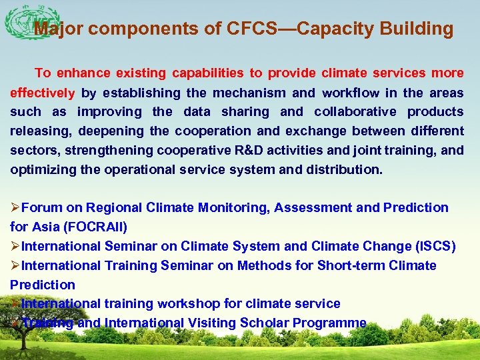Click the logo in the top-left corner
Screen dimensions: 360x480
click(x=23, y=24)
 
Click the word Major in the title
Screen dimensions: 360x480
click(x=59, y=29)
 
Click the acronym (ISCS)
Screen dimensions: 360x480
click(x=435, y=247)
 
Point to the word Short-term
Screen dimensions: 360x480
click(x=349, y=266)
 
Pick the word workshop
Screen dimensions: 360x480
click(x=189, y=304)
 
